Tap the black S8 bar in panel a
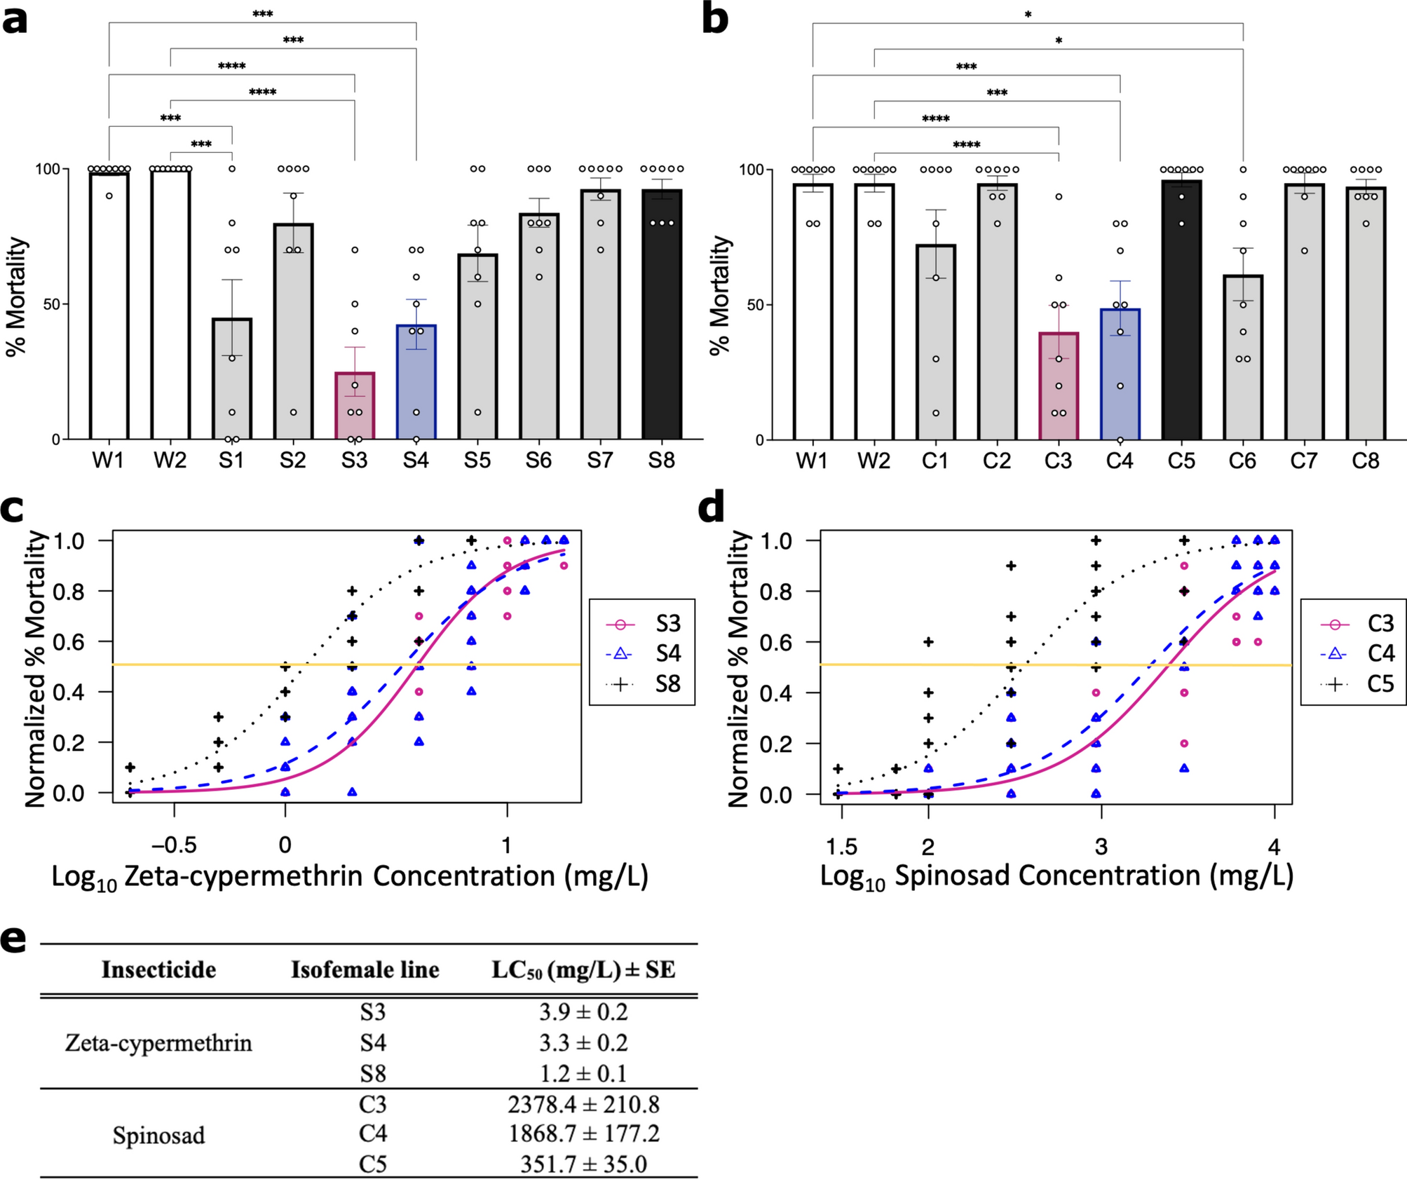tap(661, 315)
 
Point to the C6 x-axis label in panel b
tap(1242, 461)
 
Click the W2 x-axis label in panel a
tap(170, 461)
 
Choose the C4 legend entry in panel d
tap(1357, 653)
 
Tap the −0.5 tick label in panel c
tap(174, 845)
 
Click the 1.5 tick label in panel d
tap(841, 847)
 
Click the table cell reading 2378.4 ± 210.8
tap(583, 1105)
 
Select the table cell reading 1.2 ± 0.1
tap(583, 1074)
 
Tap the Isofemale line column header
tap(365, 970)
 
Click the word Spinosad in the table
tap(158, 1136)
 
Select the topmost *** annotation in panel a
tap(262, 14)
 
